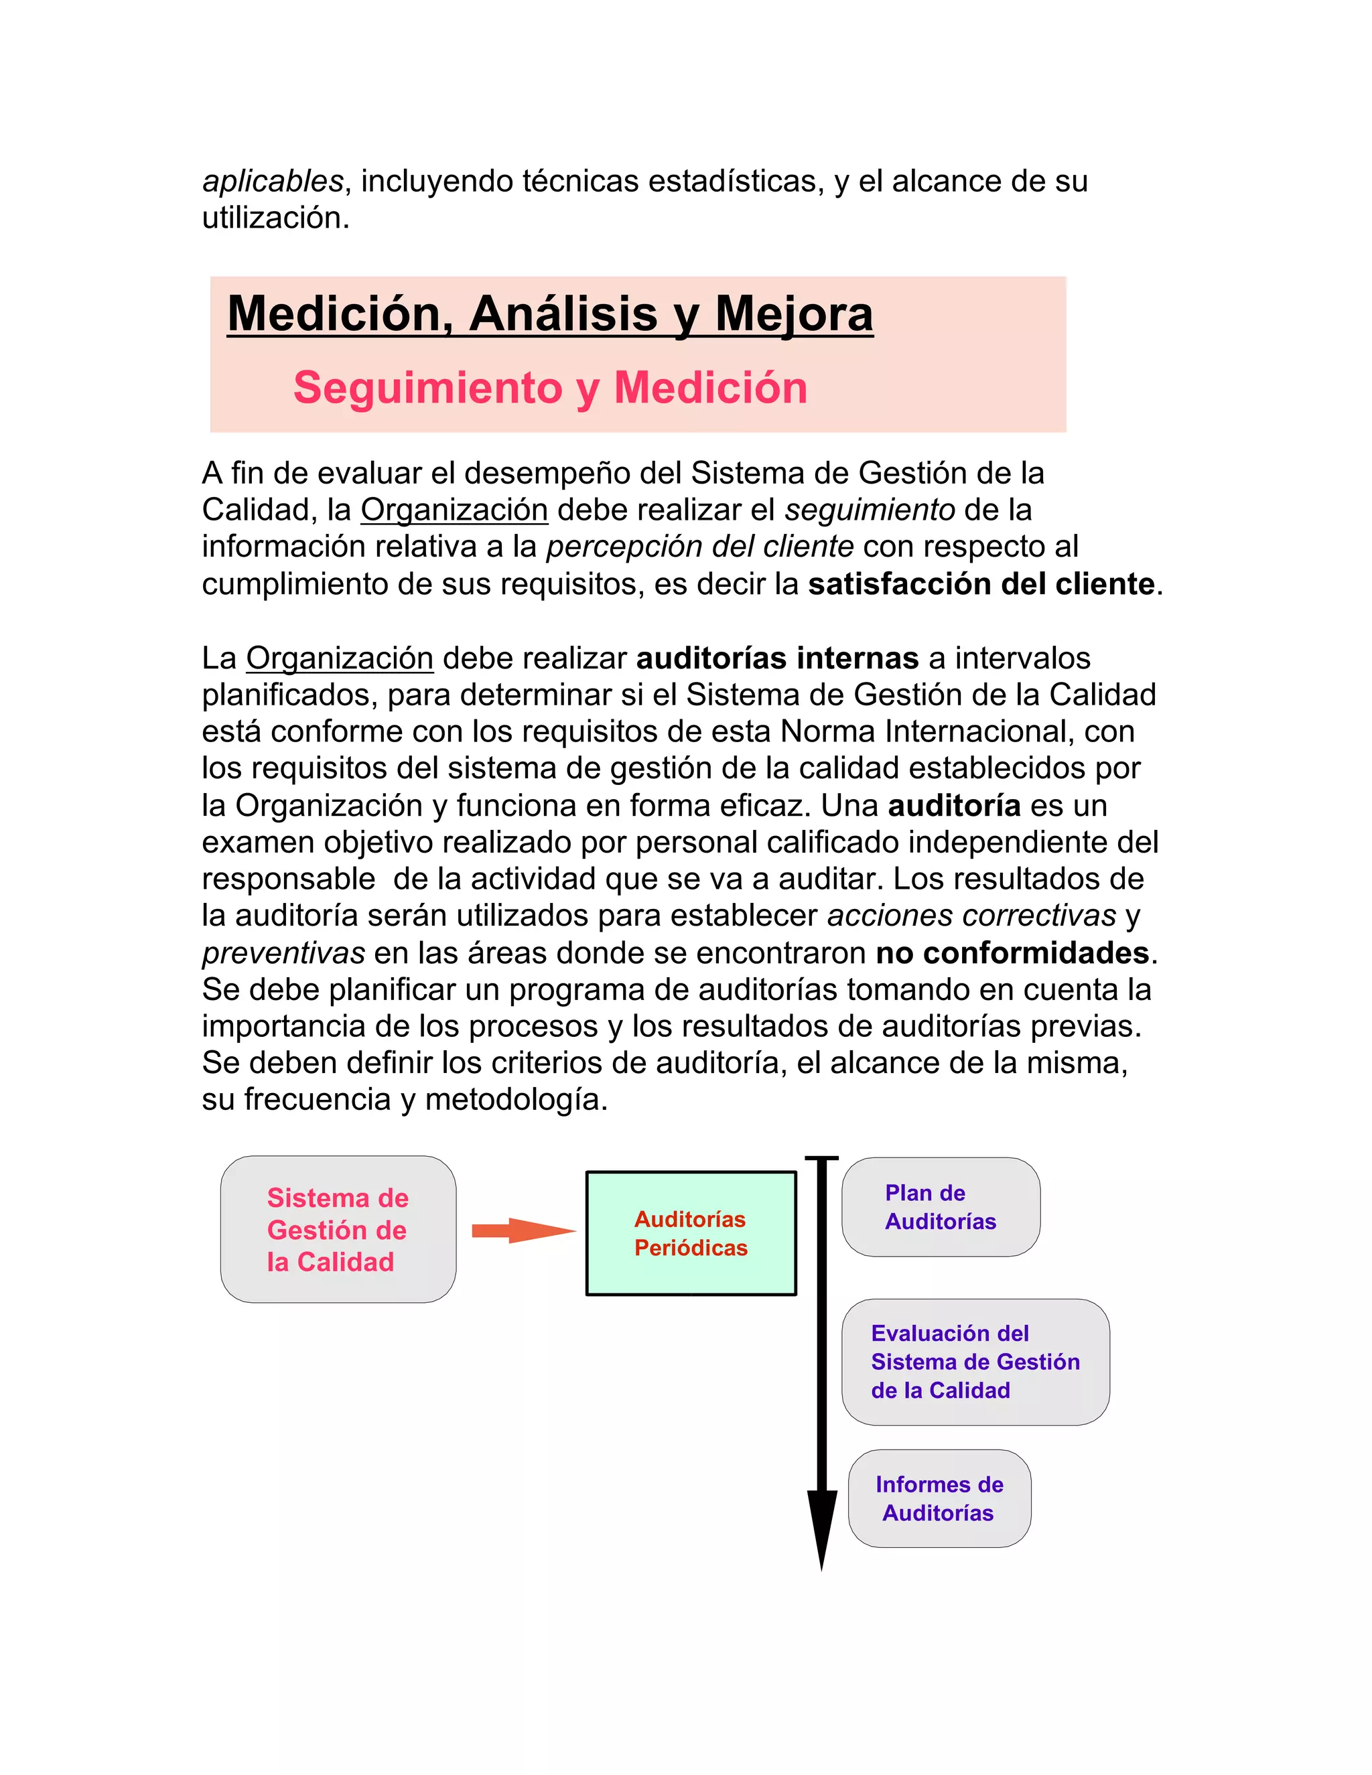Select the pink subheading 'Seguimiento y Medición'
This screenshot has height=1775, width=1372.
550,387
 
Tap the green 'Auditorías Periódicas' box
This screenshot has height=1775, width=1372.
691,1233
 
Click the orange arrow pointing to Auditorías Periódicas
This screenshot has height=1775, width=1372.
523,1230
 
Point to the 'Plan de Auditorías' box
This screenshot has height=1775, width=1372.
941,1207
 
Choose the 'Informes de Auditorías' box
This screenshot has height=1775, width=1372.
940,1498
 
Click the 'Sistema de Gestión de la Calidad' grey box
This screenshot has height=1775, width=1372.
338,1230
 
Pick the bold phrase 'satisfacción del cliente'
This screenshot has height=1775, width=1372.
981,584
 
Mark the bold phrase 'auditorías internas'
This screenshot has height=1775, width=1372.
777,658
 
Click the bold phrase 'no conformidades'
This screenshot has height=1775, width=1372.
1012,952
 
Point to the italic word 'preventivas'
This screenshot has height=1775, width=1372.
283,952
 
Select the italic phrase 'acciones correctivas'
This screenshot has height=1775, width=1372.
971,916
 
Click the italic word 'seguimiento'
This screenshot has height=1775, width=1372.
869,510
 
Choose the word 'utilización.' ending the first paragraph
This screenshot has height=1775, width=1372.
275,218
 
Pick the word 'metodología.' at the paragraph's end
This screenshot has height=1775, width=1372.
516,1100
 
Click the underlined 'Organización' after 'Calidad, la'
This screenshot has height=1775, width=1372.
454,510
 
